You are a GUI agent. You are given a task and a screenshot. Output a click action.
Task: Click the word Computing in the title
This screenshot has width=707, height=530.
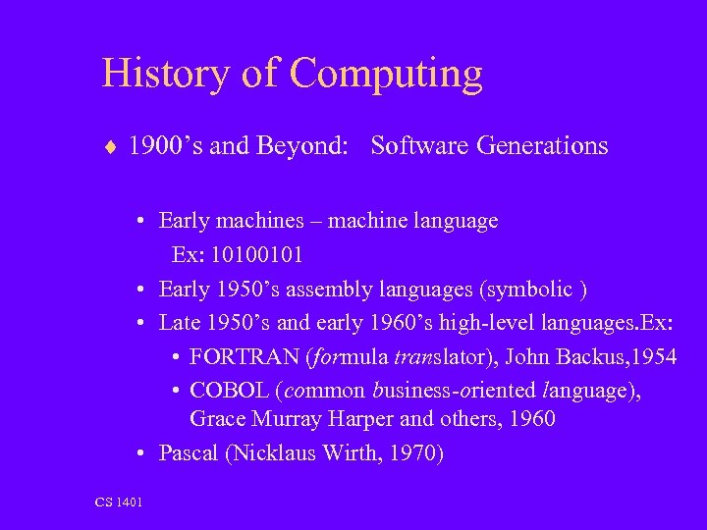[x=387, y=75]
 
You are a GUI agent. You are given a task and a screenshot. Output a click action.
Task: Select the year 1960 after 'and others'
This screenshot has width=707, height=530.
[x=530, y=420]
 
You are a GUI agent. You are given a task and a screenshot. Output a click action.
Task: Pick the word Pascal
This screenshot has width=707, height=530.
[x=190, y=453]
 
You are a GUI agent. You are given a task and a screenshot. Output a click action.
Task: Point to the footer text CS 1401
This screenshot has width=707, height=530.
[x=119, y=503]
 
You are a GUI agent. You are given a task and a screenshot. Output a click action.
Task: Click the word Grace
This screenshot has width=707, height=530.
[x=217, y=420]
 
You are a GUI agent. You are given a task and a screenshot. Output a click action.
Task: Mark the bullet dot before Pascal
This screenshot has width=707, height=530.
[x=142, y=453]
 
